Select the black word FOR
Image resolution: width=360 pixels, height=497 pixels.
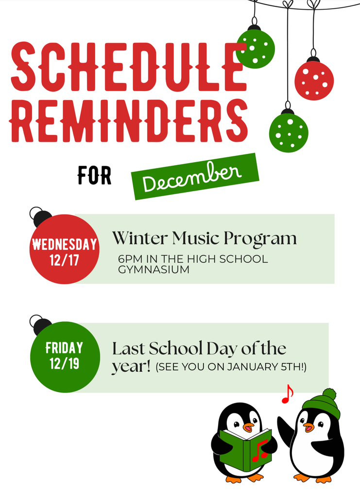point(95,176)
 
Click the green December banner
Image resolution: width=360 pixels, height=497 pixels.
point(194,176)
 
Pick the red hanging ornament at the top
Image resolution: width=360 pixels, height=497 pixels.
point(314,80)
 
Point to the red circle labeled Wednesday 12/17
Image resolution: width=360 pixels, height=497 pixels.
point(64,249)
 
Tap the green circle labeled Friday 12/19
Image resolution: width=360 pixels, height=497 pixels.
point(65,357)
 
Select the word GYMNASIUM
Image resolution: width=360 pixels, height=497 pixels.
point(154,269)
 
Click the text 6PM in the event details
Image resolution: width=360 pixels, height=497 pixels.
point(129,259)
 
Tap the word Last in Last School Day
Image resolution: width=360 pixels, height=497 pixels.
point(128,348)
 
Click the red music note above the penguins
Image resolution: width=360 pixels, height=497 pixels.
point(287,394)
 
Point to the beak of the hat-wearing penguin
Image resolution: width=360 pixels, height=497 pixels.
point(308,427)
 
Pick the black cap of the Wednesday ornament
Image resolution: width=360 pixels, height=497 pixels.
point(42,218)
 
